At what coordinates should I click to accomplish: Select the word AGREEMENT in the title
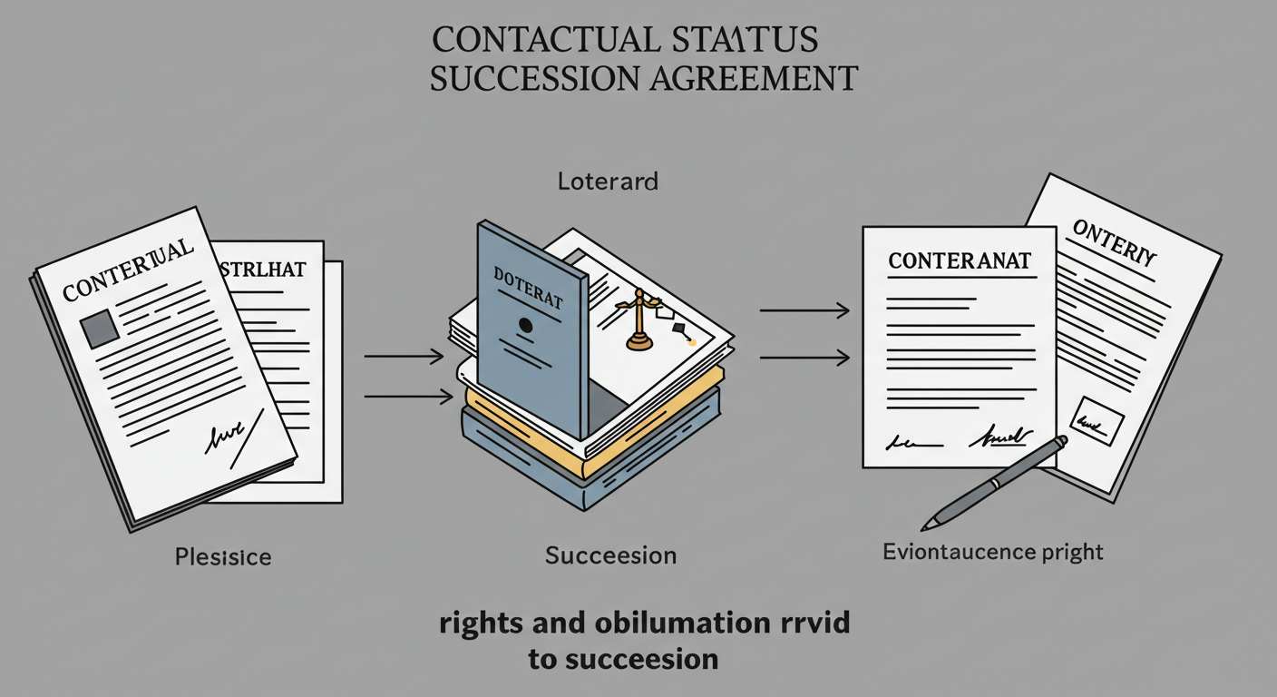click(755, 79)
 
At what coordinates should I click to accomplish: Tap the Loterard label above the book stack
click(608, 182)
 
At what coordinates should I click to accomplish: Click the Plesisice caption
click(223, 556)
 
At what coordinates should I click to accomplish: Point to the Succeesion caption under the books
click(610, 555)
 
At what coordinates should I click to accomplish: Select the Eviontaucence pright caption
click(993, 551)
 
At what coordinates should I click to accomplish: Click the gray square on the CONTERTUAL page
click(98, 328)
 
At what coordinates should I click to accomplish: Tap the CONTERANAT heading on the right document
click(959, 261)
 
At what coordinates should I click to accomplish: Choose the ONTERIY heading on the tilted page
click(1113, 241)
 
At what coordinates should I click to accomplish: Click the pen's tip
click(926, 525)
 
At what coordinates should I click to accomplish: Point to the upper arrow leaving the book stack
click(804, 312)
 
